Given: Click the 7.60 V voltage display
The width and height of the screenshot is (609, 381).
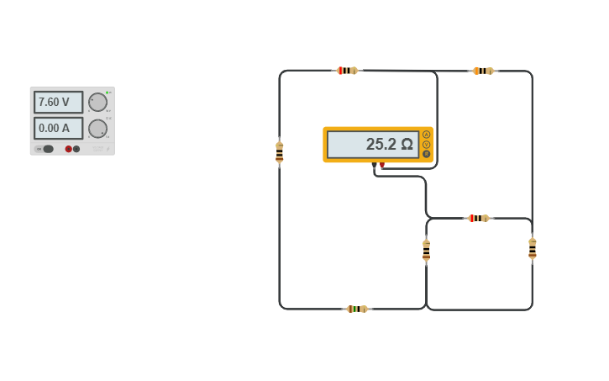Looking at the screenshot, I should point(58,102).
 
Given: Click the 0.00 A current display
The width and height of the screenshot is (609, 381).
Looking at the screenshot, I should point(58,128).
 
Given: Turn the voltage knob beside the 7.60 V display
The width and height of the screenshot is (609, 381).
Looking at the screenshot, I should point(97,102).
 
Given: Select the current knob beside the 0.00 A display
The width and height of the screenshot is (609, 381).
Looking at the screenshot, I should point(97,129).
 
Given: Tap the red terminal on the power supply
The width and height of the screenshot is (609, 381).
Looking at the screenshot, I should point(69,149).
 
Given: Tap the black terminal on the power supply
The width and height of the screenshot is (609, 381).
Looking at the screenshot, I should point(76,149).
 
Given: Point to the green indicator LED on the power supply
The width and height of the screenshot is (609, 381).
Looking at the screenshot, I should point(108,92).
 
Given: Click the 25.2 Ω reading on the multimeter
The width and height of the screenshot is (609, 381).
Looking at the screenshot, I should point(372,144).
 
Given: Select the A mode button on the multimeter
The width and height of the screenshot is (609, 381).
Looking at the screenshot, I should point(426,135).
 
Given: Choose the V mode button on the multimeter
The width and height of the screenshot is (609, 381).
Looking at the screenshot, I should point(426,144).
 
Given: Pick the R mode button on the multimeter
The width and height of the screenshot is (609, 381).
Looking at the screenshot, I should point(426,153).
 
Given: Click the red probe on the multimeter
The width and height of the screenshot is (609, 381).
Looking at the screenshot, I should point(382,166).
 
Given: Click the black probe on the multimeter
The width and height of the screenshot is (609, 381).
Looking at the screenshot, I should point(375,166).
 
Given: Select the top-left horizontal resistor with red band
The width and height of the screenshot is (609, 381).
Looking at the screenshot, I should point(347,71).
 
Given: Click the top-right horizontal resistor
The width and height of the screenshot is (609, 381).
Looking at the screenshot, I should point(483,71).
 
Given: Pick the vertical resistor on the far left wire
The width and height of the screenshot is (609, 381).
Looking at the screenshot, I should point(280,152).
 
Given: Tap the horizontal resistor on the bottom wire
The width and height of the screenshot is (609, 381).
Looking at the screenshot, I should point(357,309).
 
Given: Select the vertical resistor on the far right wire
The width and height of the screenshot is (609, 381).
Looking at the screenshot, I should point(532,248).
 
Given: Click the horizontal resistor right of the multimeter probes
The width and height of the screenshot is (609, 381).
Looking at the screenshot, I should point(478,218).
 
